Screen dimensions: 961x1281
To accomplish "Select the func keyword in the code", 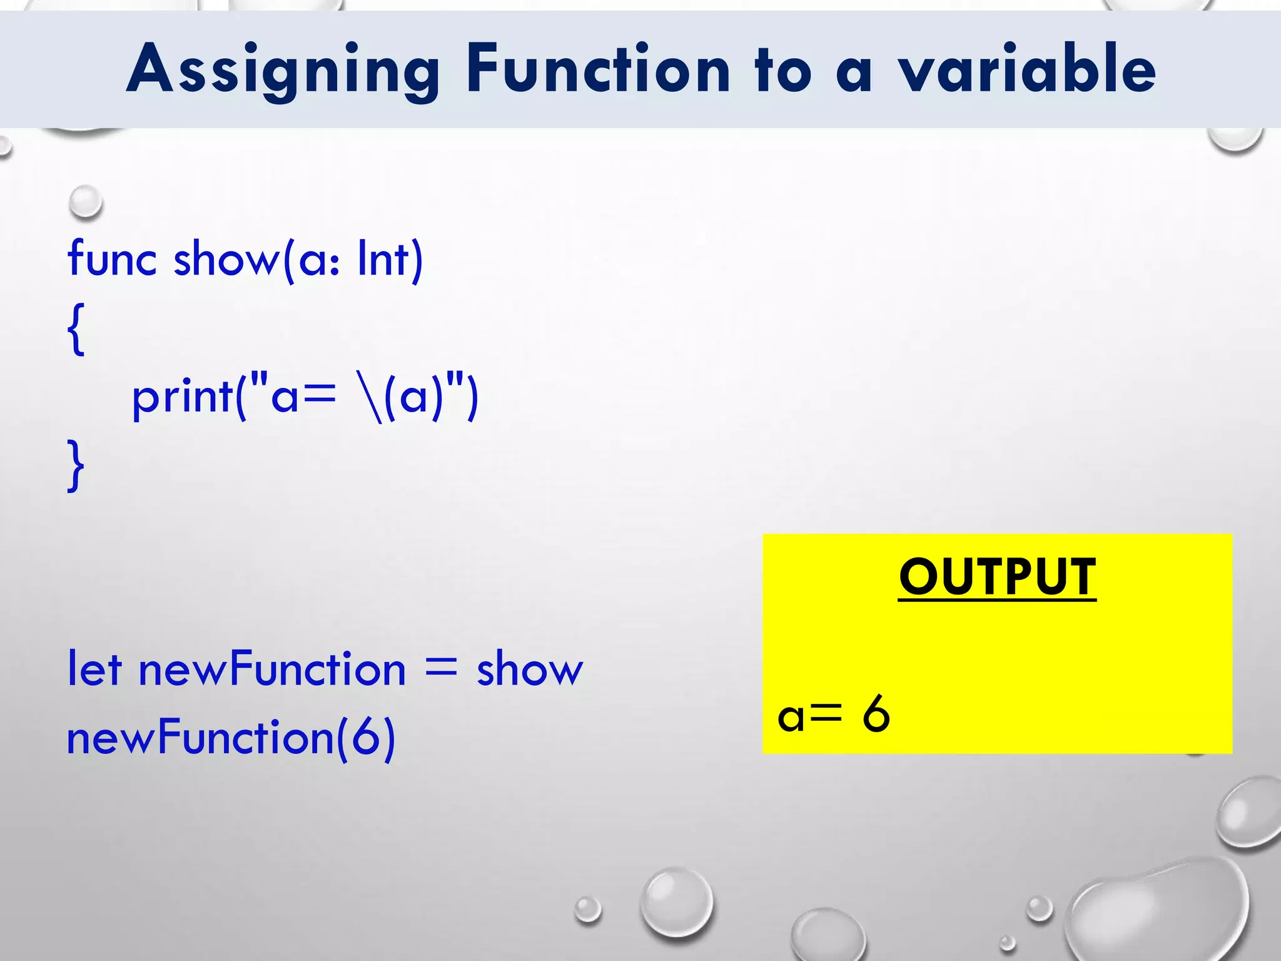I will (112, 258).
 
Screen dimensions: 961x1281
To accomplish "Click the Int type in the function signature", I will (383, 258).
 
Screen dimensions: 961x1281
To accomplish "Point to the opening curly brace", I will (76, 329).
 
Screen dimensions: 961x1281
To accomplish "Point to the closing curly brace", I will (76, 465).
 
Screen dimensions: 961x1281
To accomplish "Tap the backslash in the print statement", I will (370, 398).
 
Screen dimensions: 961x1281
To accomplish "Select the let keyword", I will (94, 668).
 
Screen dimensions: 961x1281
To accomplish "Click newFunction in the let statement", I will (272, 668).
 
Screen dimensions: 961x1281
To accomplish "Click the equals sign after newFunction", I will (441, 668).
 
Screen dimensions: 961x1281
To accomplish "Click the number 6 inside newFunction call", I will (366, 737).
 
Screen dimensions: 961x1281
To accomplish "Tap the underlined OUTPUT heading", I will (997, 577).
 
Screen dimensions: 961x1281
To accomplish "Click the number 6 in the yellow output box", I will (876, 714).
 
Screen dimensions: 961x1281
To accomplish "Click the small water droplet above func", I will (85, 201).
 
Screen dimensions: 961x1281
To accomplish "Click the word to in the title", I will (783, 70).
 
